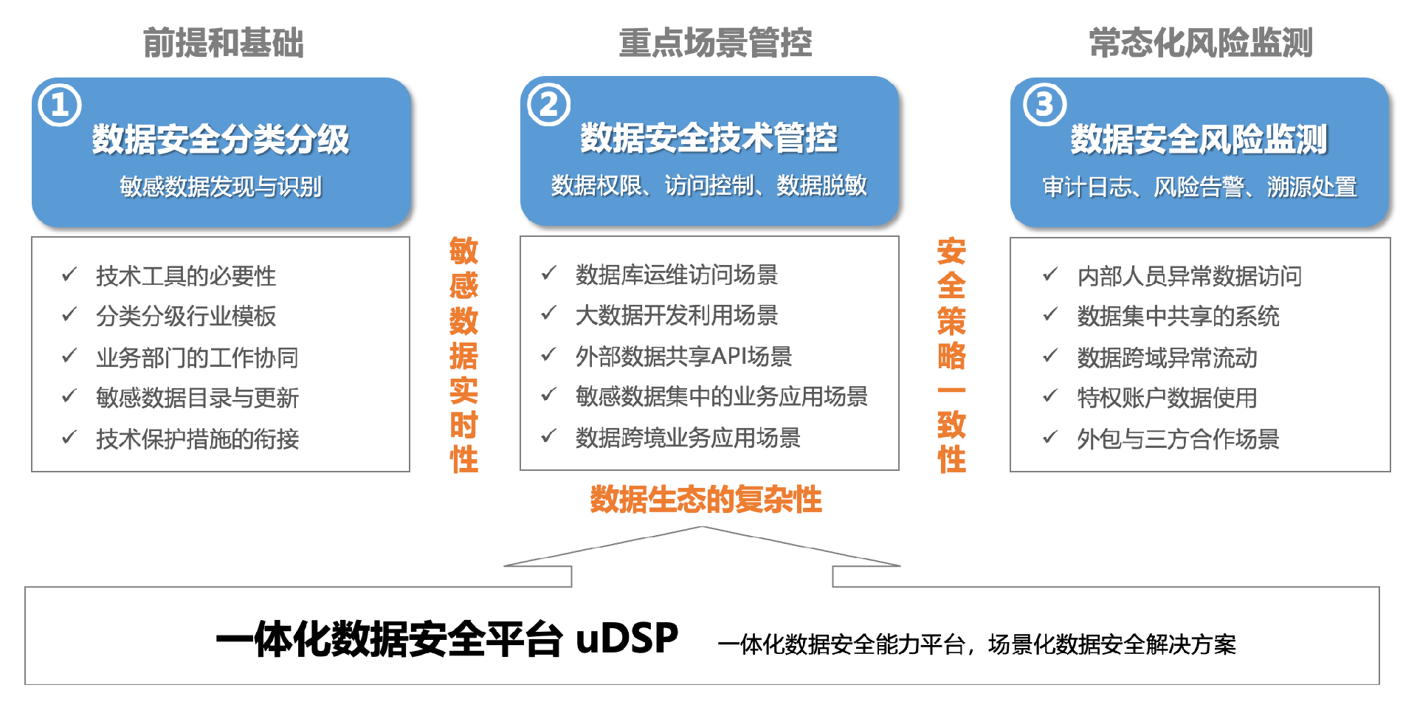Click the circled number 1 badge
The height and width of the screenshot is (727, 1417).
click(59, 106)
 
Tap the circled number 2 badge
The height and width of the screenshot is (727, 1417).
click(548, 105)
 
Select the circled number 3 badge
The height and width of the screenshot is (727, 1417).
click(1044, 105)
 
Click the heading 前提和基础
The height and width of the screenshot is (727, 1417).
click(223, 43)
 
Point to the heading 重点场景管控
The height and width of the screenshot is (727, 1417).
click(714, 43)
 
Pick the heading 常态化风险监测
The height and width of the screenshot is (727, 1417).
click(1200, 43)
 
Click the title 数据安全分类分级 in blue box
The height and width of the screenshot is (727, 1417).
click(220, 139)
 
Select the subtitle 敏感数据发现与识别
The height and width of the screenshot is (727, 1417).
click(220, 187)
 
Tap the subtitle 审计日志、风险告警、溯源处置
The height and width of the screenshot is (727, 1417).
click(1199, 187)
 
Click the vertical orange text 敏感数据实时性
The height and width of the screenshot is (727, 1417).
click(463, 354)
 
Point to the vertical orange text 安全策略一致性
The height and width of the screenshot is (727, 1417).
click(951, 354)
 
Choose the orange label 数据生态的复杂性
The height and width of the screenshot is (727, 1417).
click(705, 500)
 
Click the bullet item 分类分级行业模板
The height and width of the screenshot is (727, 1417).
click(185, 317)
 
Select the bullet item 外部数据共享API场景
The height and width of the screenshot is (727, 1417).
click(683, 356)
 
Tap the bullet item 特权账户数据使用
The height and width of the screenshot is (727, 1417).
click(1166, 399)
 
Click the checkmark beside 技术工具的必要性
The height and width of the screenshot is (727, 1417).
click(69, 275)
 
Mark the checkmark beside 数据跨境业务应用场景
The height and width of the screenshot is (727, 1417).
click(548, 436)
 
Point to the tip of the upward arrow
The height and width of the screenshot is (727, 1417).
click(702, 528)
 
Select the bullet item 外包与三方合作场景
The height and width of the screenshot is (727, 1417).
click(1178, 439)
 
